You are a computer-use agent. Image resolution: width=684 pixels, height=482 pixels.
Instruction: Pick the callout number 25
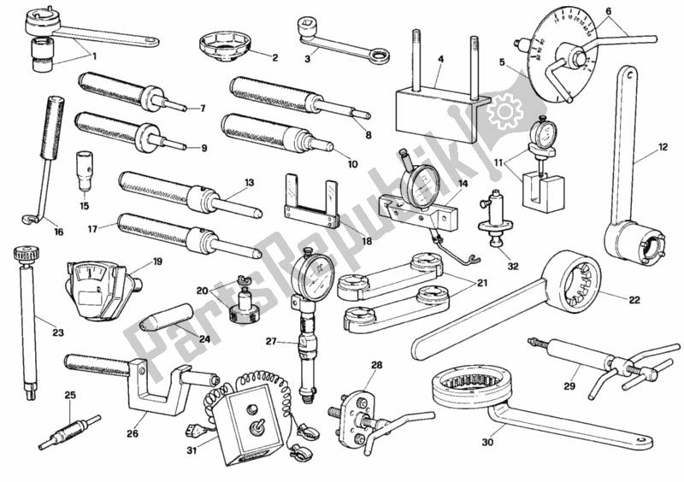click(x=69, y=395)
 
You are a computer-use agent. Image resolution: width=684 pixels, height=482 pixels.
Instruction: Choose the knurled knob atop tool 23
click(x=25, y=254)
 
